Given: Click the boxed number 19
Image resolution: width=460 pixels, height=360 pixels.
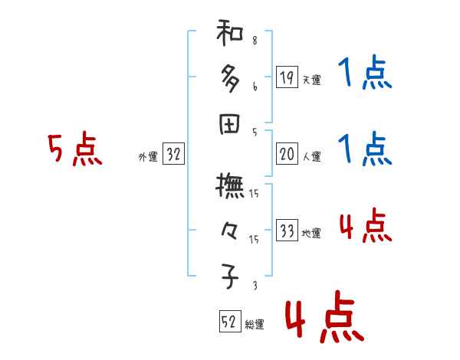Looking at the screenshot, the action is tap(287, 77).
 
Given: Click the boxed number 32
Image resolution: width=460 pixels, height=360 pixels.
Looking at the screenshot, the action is tap(174, 155).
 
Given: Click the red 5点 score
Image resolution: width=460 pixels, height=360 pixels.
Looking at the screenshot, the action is tap(74, 150).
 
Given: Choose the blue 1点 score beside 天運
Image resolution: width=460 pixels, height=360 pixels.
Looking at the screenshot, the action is tap(365, 75).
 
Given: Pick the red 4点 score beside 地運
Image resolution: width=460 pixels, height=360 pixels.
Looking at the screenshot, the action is tap(365, 227).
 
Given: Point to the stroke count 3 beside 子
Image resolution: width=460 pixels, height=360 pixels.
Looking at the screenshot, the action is tap(255, 286).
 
